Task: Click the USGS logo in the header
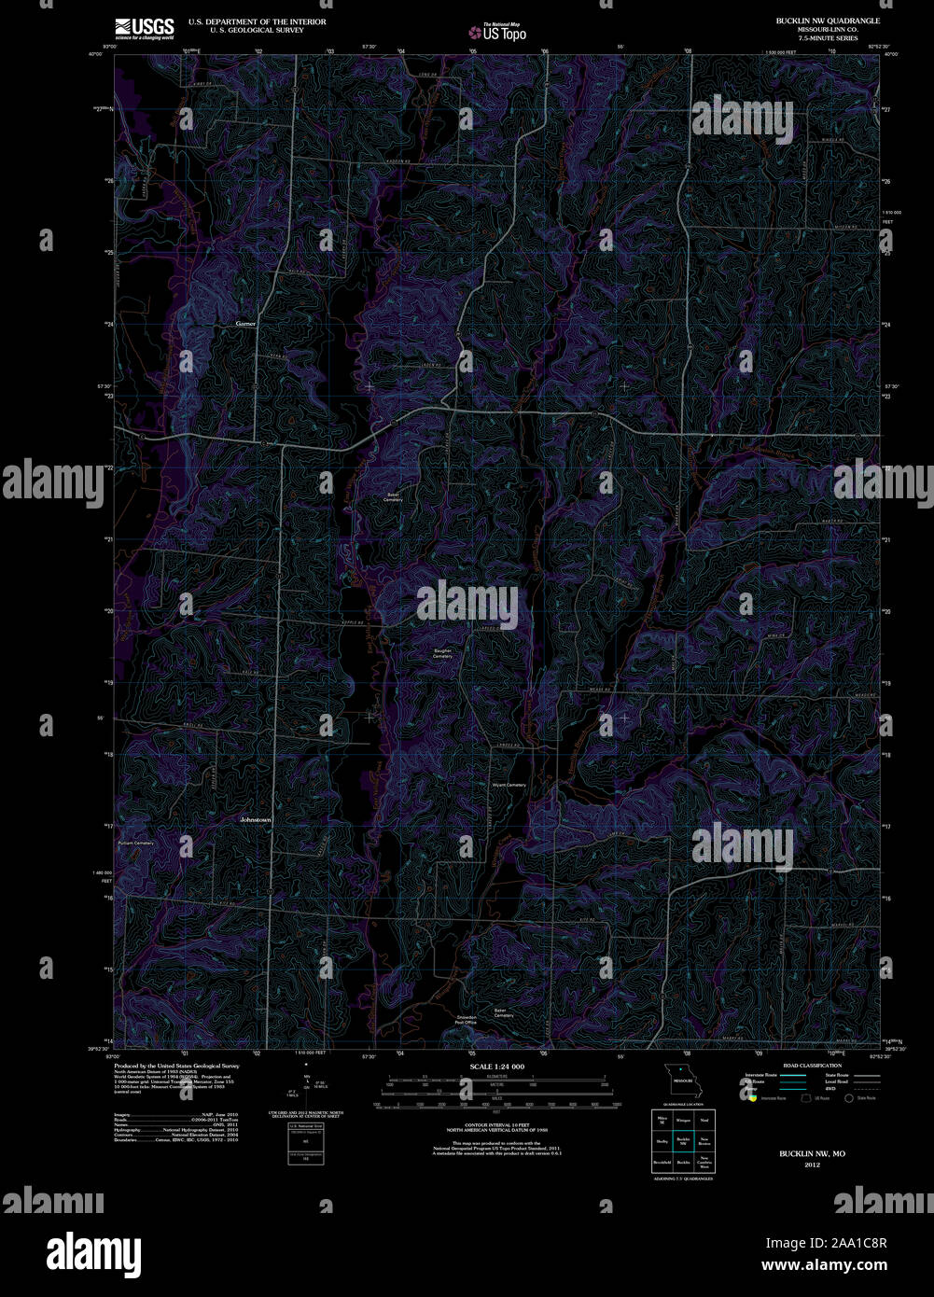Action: tap(144, 28)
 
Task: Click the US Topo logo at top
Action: tap(497, 32)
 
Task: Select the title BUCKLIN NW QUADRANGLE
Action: tap(827, 21)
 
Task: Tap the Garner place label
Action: tap(245, 324)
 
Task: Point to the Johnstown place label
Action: tap(255, 819)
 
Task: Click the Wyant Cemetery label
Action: tap(509, 785)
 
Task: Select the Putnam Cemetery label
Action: tap(135, 844)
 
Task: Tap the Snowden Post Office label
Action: tap(466, 1020)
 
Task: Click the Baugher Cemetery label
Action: tap(442, 653)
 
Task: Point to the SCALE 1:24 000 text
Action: tap(497, 1067)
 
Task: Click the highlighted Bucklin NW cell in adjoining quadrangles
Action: tap(682, 1140)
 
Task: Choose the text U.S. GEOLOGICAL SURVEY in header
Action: tap(256, 29)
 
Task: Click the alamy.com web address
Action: tap(825, 1266)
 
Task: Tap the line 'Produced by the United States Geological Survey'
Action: tap(176, 1066)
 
